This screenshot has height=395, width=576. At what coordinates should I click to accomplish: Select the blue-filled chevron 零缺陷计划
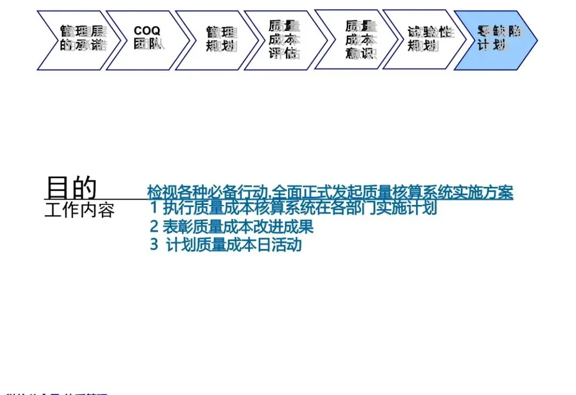click(497, 40)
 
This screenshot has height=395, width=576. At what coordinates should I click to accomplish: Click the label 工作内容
click(79, 210)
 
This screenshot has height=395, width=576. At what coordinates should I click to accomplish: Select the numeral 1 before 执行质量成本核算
click(154, 207)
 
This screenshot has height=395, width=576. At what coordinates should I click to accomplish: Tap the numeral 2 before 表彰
click(154, 226)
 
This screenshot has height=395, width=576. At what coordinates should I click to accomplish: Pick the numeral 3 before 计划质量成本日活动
click(154, 245)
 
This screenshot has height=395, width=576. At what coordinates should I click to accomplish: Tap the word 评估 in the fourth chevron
click(284, 53)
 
